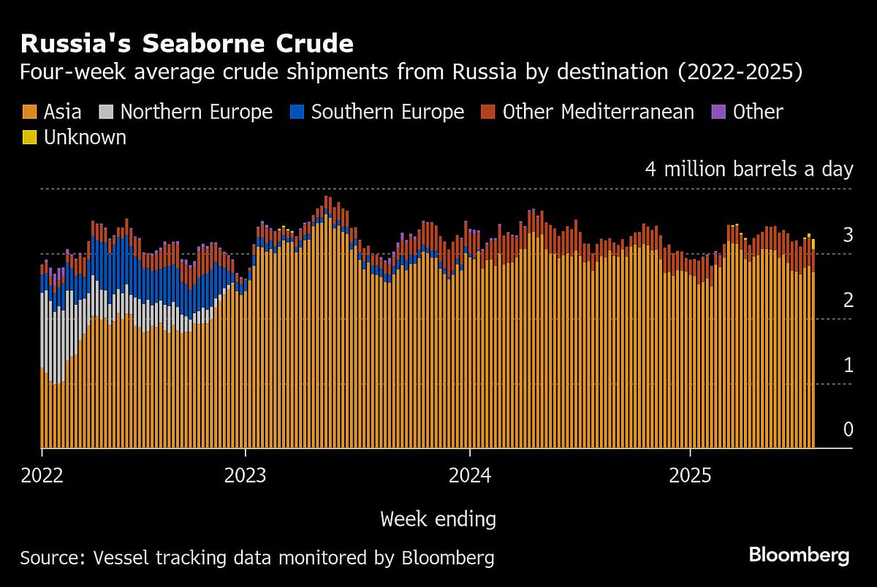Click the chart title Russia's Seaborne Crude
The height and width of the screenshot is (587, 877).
[187, 43]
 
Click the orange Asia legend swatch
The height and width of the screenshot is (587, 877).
[30, 112]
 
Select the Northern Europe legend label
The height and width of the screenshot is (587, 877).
[196, 112]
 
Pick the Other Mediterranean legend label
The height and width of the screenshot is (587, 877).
[598, 112]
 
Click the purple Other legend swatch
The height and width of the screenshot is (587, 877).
[718, 112]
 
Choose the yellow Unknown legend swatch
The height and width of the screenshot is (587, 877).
[30, 137]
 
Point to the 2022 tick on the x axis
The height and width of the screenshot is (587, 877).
[42, 475]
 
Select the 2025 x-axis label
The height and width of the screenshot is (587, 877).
[690, 475]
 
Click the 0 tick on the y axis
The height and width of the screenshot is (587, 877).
[848, 429]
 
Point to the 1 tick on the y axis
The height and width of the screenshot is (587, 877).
[848, 365]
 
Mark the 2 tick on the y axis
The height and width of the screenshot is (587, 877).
[848, 300]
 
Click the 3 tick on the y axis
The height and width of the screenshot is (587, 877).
[848, 235]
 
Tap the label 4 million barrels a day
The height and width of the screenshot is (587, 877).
[748, 170]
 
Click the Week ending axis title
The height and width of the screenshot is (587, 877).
[438, 519]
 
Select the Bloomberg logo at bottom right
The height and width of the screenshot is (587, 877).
[799, 556]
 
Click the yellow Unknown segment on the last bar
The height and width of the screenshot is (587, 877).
[813, 243]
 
